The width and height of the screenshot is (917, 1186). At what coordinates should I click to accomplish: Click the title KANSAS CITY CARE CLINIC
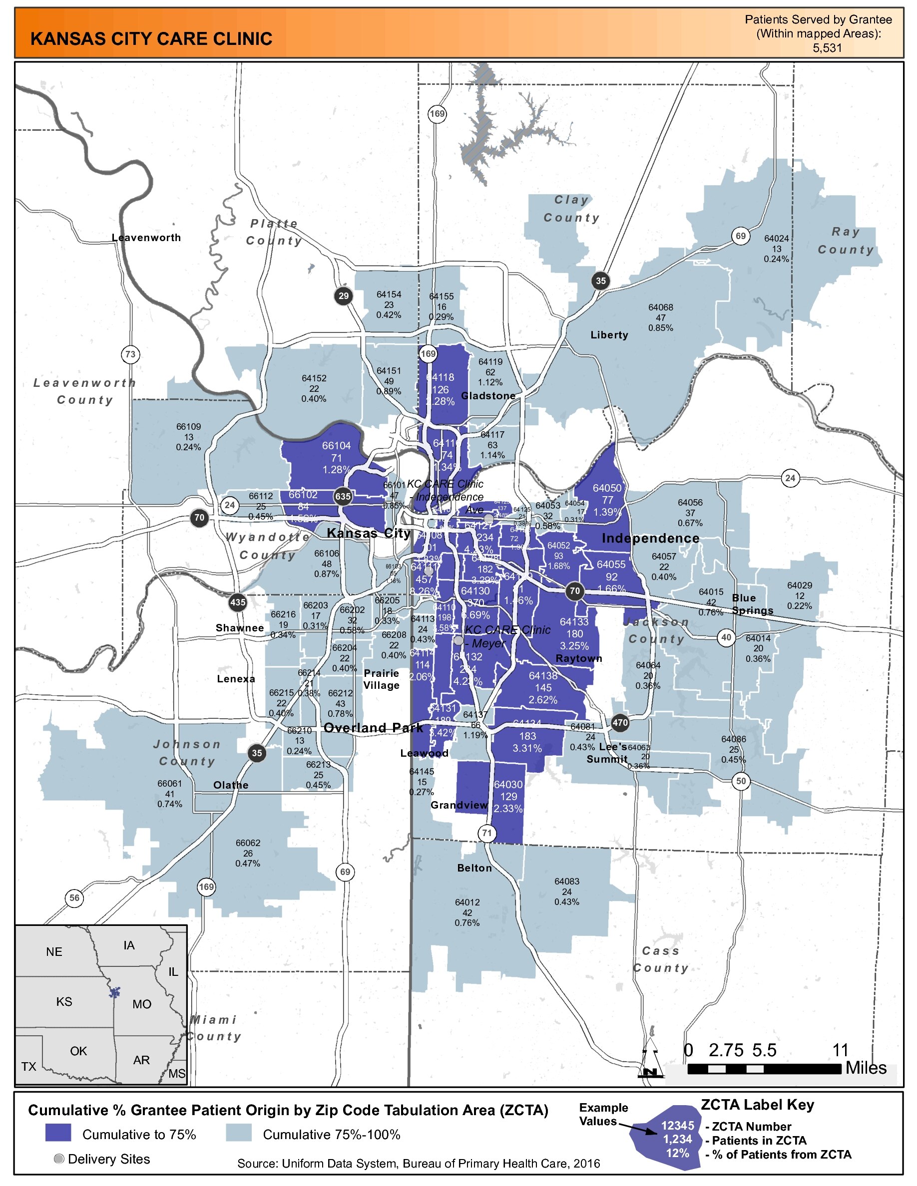click(x=151, y=39)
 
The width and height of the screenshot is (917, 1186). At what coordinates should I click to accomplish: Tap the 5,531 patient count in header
click(x=826, y=48)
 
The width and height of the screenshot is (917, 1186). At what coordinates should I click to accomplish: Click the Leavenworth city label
click(x=146, y=238)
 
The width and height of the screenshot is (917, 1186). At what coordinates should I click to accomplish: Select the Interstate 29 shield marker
click(x=343, y=296)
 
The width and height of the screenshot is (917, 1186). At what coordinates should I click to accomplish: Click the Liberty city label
click(x=609, y=335)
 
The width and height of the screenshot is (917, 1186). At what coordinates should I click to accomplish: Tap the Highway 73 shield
click(x=130, y=354)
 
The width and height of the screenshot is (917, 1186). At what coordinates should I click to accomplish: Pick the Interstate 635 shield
click(x=343, y=496)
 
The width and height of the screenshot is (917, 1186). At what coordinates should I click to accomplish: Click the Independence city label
click(x=650, y=538)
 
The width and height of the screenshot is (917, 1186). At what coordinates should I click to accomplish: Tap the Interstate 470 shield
click(x=620, y=723)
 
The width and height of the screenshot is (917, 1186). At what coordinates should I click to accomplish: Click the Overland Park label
click(x=373, y=728)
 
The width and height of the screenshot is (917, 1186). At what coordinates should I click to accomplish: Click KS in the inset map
click(x=64, y=1001)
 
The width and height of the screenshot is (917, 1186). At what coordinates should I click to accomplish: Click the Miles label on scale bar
click(x=866, y=1068)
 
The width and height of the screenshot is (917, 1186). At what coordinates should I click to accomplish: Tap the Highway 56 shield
click(x=74, y=897)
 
